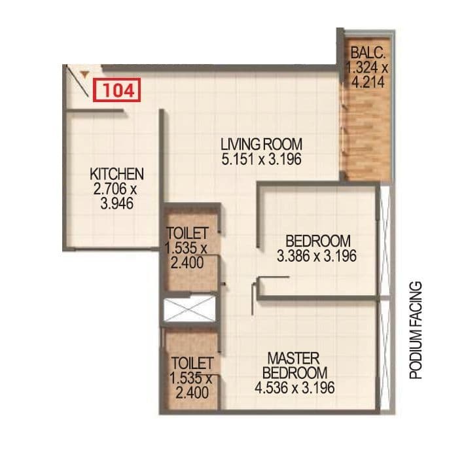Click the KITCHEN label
pyautogui.click(x=116, y=174)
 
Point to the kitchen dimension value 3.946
pyautogui.click(x=116, y=204)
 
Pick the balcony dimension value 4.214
pyautogui.click(x=368, y=82)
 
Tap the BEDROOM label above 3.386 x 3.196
pyautogui.click(x=317, y=241)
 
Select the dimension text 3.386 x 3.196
pyautogui.click(x=317, y=256)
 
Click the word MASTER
pyautogui.click(x=294, y=359)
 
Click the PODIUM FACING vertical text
pyautogui.click(x=415, y=330)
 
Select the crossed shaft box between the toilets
pyautogui.click(x=190, y=310)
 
